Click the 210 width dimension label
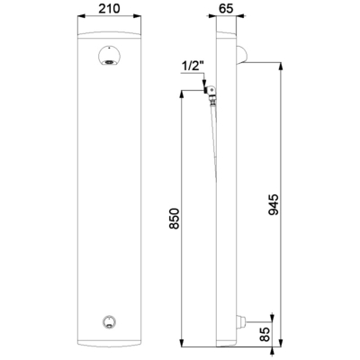click(110, 9)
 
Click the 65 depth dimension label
click(226, 9)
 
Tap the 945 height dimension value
click(274, 205)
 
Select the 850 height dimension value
click(174, 219)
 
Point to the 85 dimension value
click(265, 334)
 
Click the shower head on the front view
click(109, 57)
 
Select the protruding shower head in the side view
click(241, 55)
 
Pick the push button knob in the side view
click(241, 321)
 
